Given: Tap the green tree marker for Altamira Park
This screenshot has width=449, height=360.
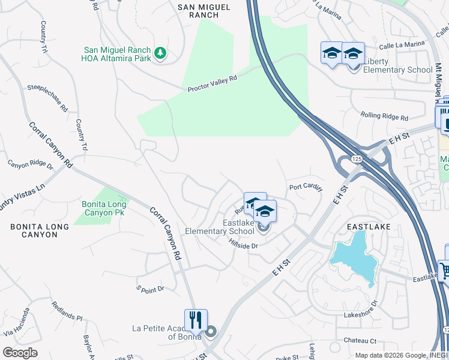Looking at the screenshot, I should [160, 53].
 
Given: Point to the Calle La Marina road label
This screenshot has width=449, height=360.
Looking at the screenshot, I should [402, 43].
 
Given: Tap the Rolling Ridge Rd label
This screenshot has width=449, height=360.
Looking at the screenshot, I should [384, 115].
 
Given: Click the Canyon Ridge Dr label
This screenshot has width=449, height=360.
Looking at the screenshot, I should [30, 163].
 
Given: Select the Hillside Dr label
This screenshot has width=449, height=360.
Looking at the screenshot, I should [243, 245].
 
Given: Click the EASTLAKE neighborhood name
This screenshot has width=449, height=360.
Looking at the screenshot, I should [369, 227].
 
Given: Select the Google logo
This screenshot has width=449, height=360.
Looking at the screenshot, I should [20, 353].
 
